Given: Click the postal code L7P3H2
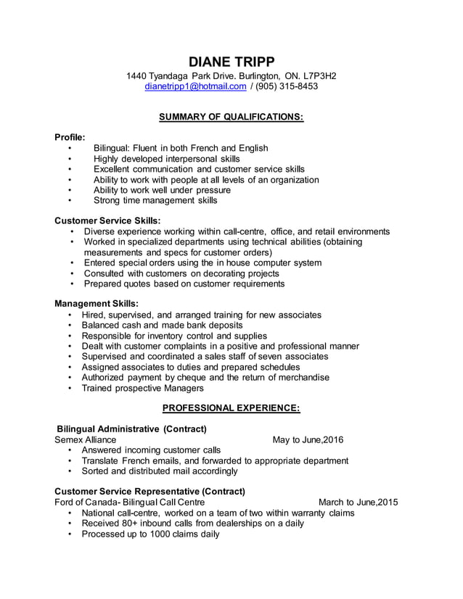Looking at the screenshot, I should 320,75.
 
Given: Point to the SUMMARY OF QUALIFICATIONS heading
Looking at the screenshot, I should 231,116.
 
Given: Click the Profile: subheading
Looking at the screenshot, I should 70,136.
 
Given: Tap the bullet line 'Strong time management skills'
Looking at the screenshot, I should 155,200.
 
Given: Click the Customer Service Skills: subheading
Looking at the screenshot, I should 107,220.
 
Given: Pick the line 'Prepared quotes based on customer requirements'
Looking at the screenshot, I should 184,284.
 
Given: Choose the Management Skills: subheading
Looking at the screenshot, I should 97,304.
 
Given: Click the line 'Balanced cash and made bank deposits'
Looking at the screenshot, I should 162,326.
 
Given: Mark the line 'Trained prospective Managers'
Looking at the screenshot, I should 143,388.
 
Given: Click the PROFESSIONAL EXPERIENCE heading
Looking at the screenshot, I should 231,408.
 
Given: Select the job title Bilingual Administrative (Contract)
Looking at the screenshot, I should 131,429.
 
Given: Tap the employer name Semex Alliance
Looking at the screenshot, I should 86,439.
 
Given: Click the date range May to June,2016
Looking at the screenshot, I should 308,439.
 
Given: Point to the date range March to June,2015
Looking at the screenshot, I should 358,502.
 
